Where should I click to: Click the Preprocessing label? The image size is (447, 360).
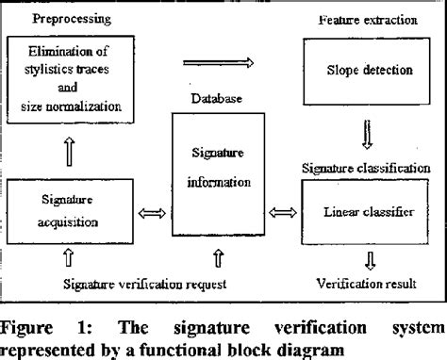tap(58, 17)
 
